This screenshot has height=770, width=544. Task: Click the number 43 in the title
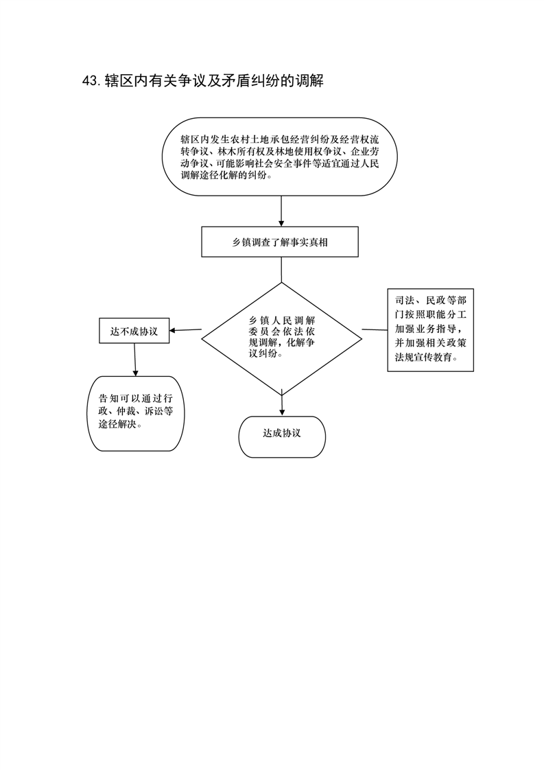tap(91, 81)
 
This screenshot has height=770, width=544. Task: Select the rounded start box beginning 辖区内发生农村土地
tap(280, 156)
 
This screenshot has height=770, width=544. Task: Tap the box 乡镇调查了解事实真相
tap(280, 242)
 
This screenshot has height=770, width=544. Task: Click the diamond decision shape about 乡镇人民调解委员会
tap(282, 338)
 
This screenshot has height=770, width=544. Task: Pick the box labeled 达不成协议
tap(134, 331)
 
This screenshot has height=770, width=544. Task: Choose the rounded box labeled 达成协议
tap(282, 437)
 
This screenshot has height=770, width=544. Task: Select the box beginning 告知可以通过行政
tap(135, 414)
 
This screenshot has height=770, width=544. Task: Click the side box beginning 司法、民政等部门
tap(431, 330)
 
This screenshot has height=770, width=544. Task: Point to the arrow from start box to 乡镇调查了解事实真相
tap(281, 211)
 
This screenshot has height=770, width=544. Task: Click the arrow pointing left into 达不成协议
tap(185, 330)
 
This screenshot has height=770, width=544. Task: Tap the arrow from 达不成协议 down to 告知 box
tap(134, 360)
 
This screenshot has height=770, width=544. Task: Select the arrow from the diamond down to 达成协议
tap(282, 403)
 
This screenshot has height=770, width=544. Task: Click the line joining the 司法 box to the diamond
tap(375, 330)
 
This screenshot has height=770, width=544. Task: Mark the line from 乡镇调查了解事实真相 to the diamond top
tap(281, 269)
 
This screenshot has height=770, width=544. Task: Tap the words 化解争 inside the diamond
tap(300, 342)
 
